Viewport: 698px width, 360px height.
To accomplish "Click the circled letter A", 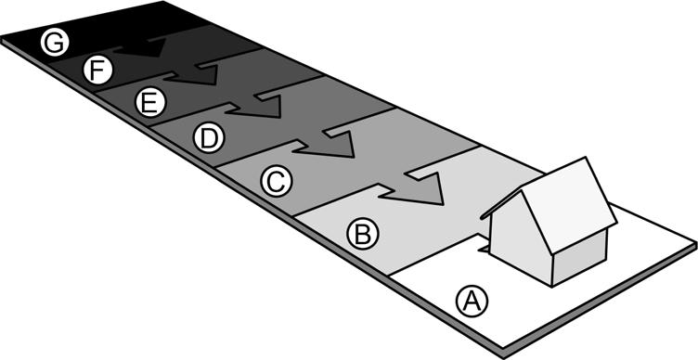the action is click(471, 300).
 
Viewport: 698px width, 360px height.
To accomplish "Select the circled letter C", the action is click(273, 181).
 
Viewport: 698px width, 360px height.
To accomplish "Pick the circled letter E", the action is click(147, 102).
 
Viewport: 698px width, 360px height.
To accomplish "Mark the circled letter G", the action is click(55, 42).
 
